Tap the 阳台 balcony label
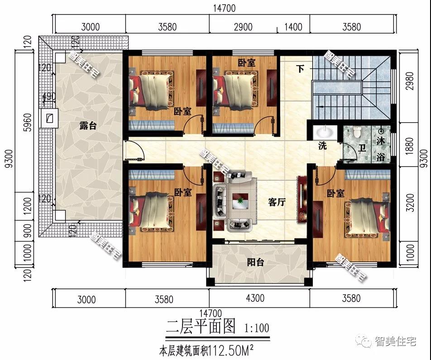255,263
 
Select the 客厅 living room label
276,202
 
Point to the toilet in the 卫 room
358,132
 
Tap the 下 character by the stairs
300,69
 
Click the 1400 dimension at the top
293,27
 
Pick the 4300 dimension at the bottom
255,298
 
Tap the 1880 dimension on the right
410,144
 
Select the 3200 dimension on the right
410,202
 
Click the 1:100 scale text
256,328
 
